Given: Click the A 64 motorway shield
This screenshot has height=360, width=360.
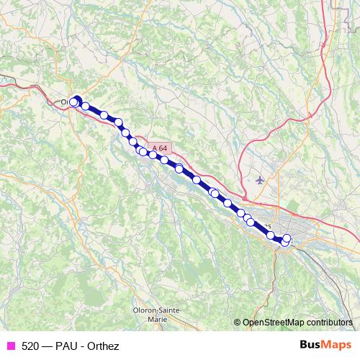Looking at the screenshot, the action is click(x=162, y=148).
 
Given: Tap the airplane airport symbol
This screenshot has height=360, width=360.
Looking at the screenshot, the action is click(x=260, y=180).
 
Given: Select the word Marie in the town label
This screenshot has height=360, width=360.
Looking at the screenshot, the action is click(x=156, y=317).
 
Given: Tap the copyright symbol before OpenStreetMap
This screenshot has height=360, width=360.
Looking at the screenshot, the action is click(x=238, y=323).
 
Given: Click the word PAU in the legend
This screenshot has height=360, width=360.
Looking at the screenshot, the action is click(x=67, y=346).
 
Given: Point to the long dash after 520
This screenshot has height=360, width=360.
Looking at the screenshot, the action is click(x=47, y=346).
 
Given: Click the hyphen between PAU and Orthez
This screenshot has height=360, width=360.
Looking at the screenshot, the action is click(x=83, y=346).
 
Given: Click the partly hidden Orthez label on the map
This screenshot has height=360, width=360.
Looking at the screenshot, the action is click(x=64, y=102).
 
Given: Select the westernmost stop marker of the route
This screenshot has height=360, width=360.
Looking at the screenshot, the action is click(x=73, y=103).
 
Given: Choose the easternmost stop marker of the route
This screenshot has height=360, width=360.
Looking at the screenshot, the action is click(x=287, y=238).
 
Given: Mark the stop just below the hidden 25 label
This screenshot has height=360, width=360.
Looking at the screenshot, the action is click(x=270, y=235).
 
